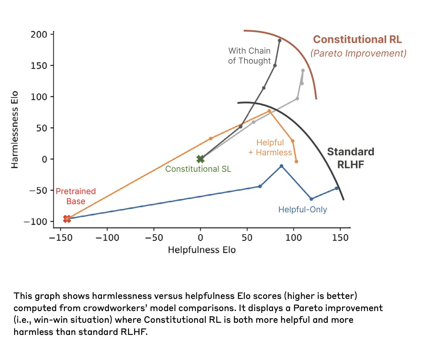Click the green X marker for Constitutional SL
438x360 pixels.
(x=200, y=159)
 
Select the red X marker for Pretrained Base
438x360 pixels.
(x=67, y=219)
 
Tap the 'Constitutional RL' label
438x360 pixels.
(x=357, y=40)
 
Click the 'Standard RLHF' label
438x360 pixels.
(x=351, y=157)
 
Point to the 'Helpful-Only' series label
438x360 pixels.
(x=302, y=210)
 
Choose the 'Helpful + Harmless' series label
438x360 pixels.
(x=270, y=148)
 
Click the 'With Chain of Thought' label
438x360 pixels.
(x=249, y=56)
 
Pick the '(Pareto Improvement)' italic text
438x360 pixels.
(x=358, y=53)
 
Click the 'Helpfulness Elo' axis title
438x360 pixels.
(x=202, y=250)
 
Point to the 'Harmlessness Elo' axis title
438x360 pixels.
(x=15, y=128)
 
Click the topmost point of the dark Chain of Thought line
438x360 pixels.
(x=280, y=40)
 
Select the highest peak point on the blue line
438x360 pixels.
(x=281, y=166)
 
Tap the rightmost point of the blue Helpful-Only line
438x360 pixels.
(x=336, y=188)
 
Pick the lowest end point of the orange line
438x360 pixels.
(x=296, y=161)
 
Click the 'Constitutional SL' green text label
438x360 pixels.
(x=198, y=169)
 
